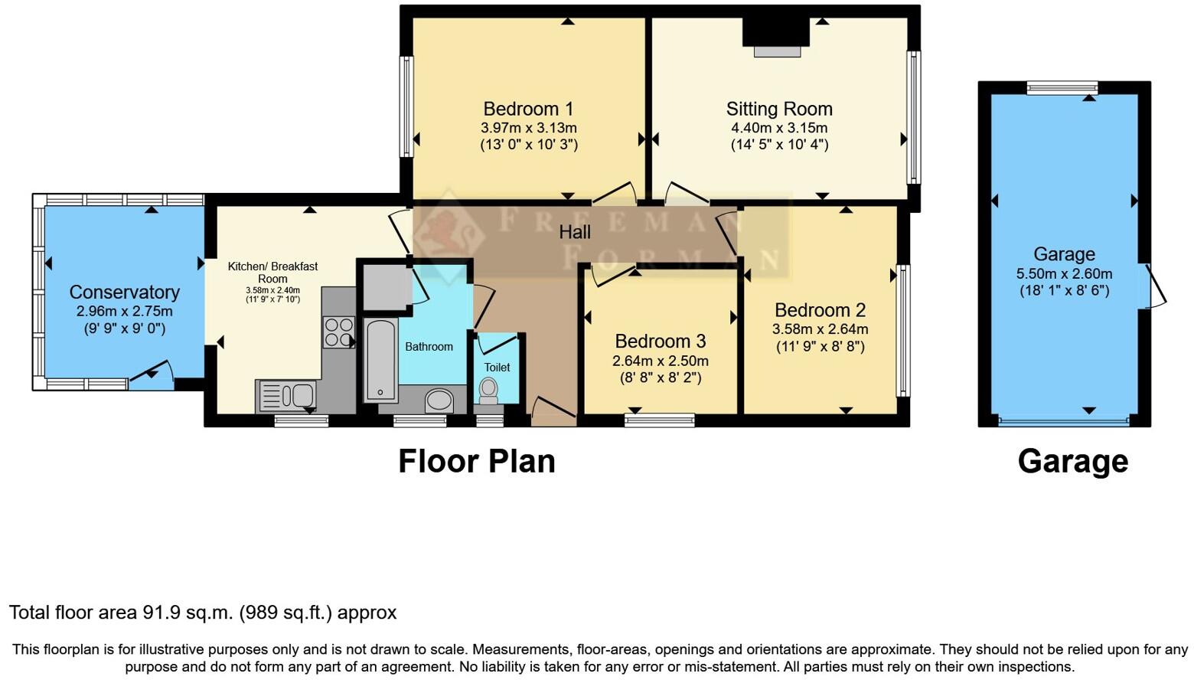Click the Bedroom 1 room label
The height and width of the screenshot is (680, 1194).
(528, 109)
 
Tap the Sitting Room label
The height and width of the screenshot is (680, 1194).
(779, 109)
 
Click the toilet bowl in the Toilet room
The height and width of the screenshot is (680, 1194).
(488, 391)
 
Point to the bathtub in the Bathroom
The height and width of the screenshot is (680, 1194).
(380, 361)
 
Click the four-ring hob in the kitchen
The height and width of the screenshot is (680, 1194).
(339, 332)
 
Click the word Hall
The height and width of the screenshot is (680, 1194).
(575, 232)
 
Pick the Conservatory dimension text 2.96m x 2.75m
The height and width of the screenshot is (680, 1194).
(124, 312)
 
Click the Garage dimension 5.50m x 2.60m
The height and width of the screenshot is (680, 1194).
(1064, 273)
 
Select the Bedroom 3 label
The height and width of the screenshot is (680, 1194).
(660, 341)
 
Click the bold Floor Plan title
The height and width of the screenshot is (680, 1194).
(476, 461)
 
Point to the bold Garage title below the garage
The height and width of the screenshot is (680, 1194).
(1072, 461)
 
